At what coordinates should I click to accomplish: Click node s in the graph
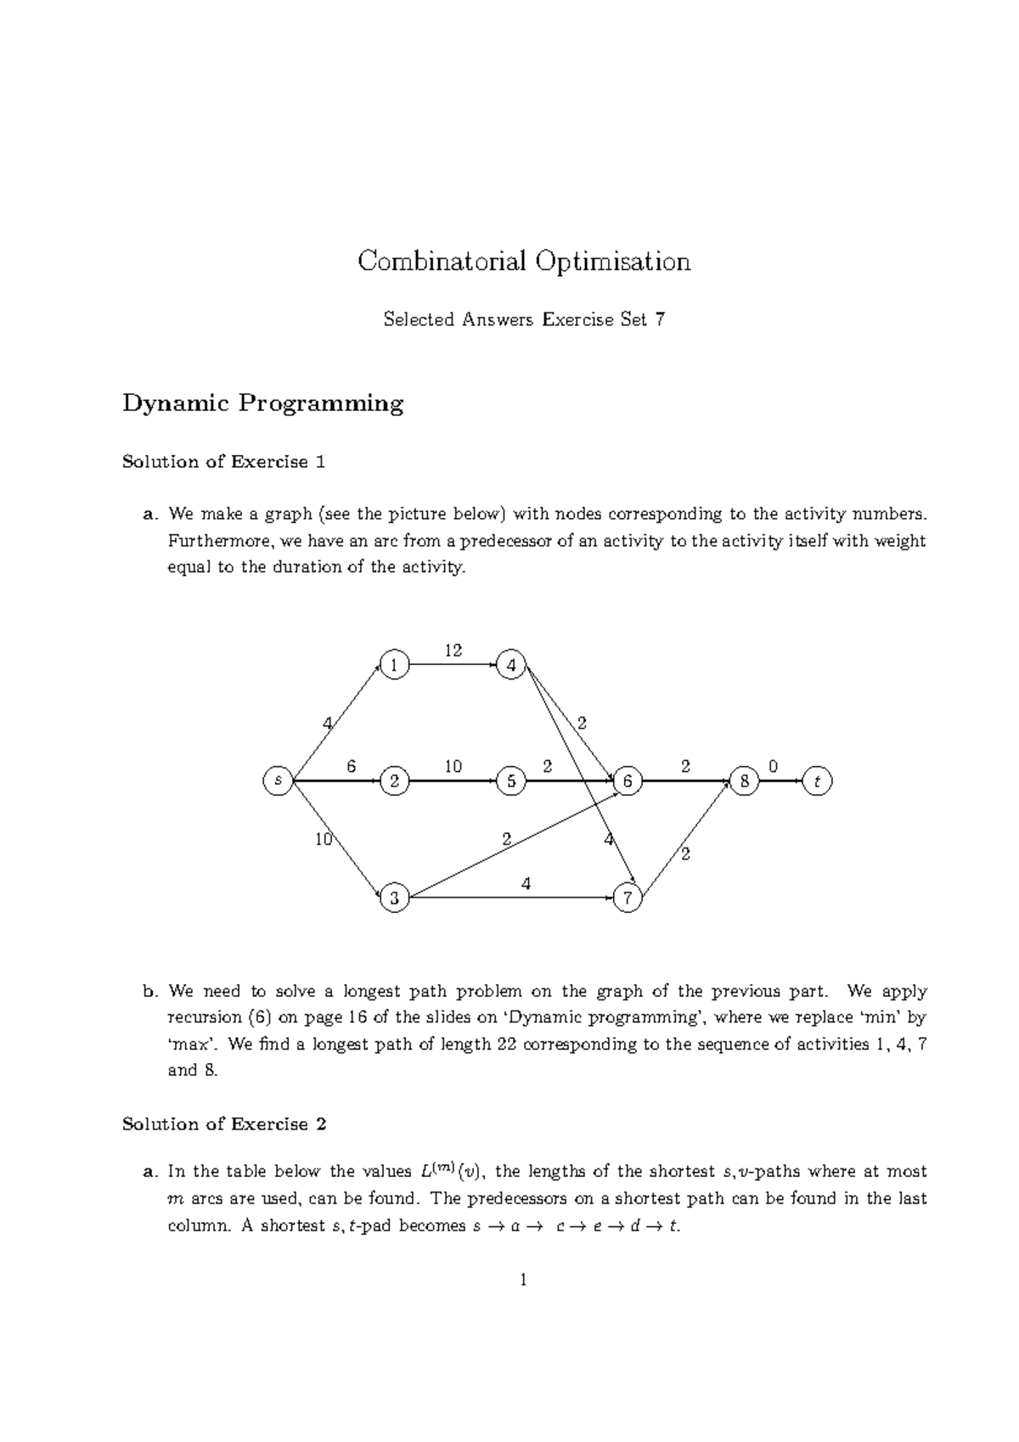[x=278, y=780]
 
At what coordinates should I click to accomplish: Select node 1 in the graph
[x=394, y=665]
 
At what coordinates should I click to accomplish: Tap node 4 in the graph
[x=511, y=665]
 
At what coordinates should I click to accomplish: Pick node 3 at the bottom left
[x=394, y=898]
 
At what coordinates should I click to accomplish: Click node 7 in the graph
[x=628, y=898]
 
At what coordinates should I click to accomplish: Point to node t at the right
[x=817, y=780]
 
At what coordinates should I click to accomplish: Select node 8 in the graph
[x=744, y=780]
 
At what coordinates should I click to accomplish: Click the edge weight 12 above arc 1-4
[x=453, y=650]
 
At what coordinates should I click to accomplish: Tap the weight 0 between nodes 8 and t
[x=773, y=766]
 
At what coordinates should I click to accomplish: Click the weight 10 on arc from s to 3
[x=323, y=840]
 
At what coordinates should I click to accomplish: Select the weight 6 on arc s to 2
[x=351, y=766]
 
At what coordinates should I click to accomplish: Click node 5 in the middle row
[x=511, y=780]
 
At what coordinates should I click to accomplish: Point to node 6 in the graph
[x=628, y=780]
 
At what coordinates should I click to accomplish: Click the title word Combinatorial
[x=442, y=261]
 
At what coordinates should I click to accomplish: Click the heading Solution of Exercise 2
[x=224, y=1124]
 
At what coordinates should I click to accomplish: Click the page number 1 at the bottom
[x=523, y=1279]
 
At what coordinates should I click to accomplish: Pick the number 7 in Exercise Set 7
[x=660, y=319]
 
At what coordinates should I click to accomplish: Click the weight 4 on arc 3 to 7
[x=526, y=883]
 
